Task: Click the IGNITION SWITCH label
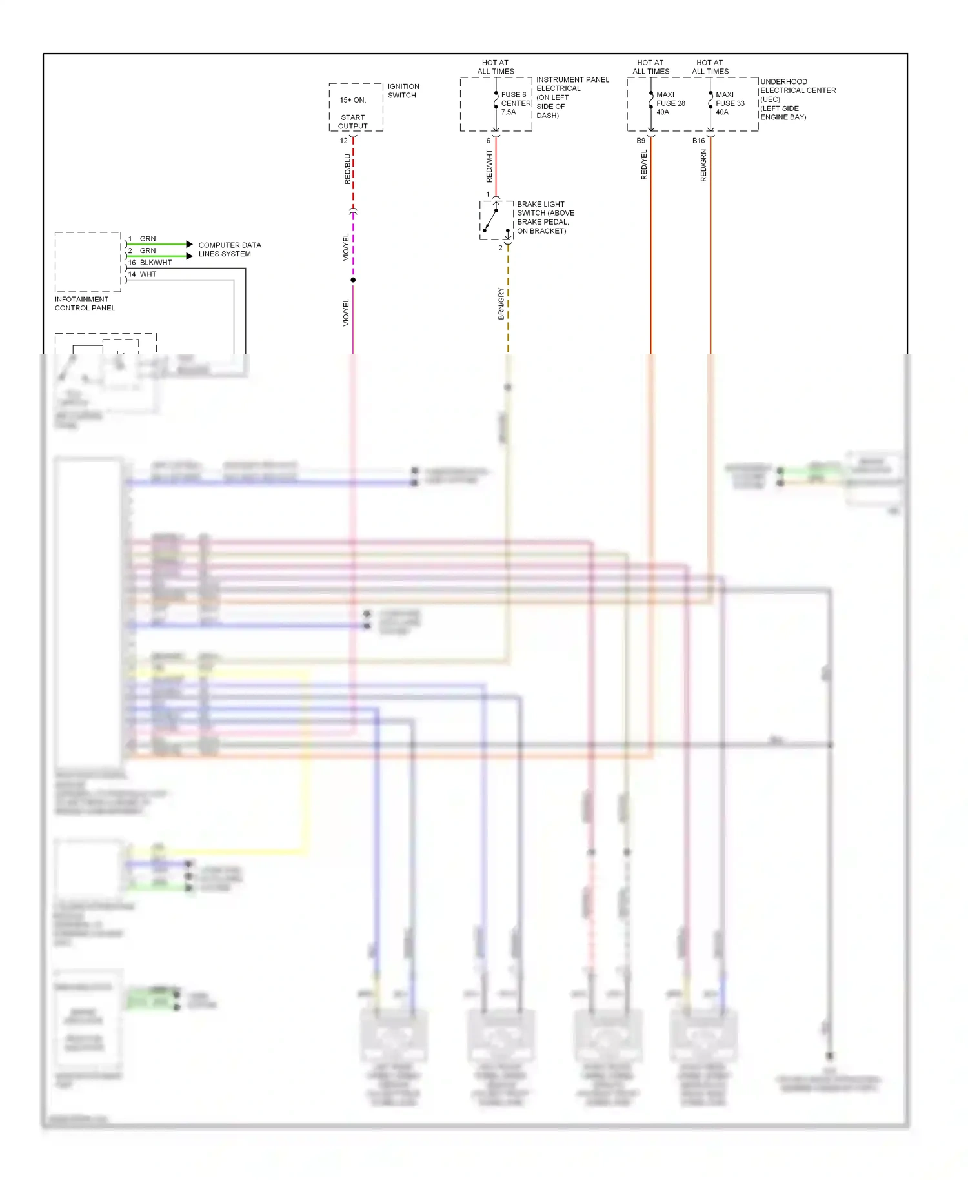(x=403, y=91)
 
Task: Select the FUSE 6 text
(x=514, y=94)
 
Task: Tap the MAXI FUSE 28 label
(x=671, y=103)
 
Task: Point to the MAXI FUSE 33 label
(x=730, y=103)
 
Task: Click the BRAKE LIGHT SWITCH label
(x=545, y=218)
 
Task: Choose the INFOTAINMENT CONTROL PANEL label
(x=85, y=303)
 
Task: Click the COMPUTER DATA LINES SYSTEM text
(x=229, y=249)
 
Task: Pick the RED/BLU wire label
(x=348, y=168)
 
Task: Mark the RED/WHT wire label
(x=489, y=166)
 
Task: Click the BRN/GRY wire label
(x=501, y=303)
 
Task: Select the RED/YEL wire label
(x=644, y=165)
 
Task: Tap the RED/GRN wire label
(x=703, y=165)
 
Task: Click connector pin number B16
(x=698, y=141)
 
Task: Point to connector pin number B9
(x=641, y=141)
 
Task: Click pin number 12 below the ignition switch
(x=344, y=141)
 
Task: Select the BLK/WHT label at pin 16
(x=156, y=263)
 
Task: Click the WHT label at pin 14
(x=148, y=274)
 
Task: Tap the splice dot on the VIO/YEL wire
(x=353, y=280)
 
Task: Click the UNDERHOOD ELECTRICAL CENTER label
(x=798, y=99)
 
